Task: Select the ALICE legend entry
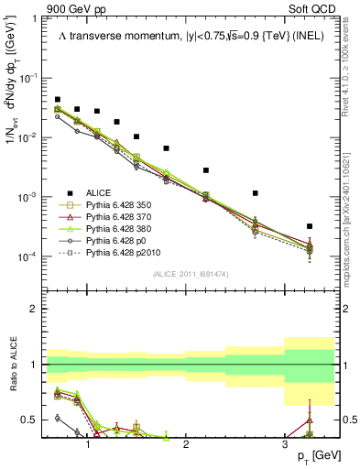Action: click(101, 192)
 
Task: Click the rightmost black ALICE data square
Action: click(310, 226)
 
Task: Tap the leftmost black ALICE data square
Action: click(57, 99)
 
